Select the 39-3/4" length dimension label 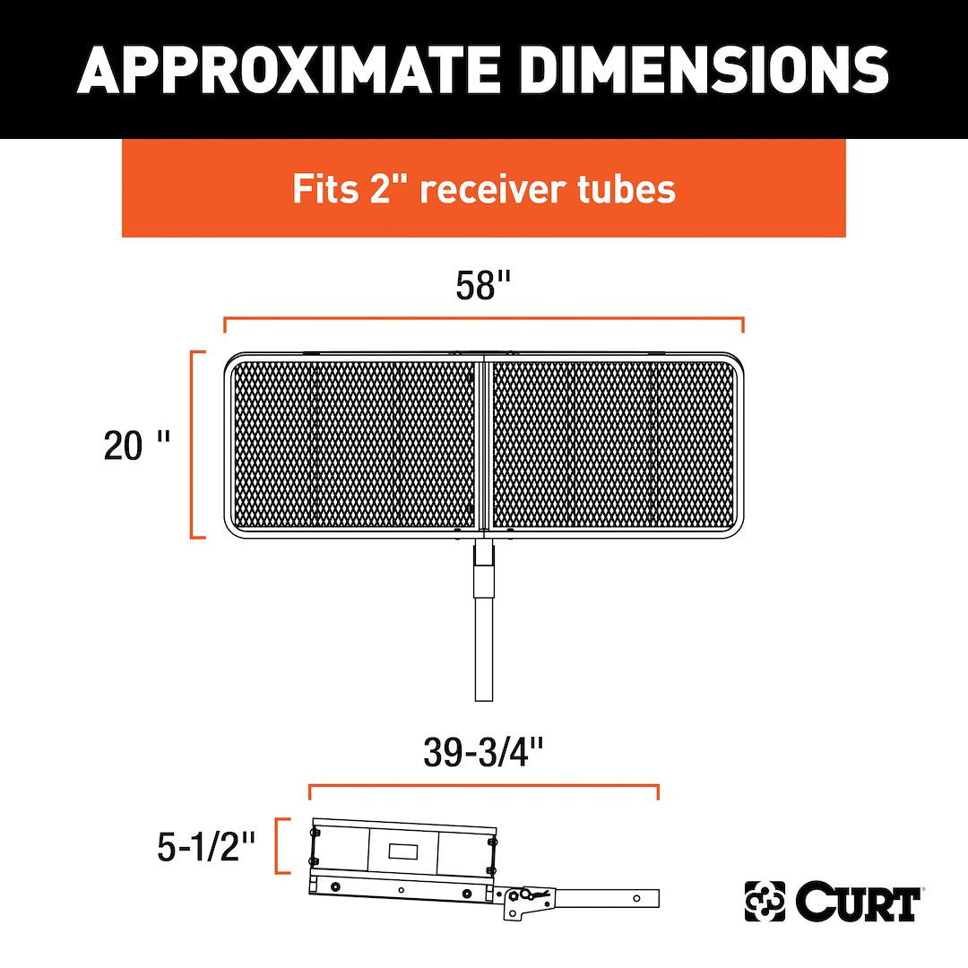483,754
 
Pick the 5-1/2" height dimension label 206,846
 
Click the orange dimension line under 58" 484,318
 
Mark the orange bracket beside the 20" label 194,445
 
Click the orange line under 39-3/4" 484,787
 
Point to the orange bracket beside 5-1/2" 280,846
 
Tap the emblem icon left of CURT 765,902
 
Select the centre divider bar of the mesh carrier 484,444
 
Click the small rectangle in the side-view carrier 402,849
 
